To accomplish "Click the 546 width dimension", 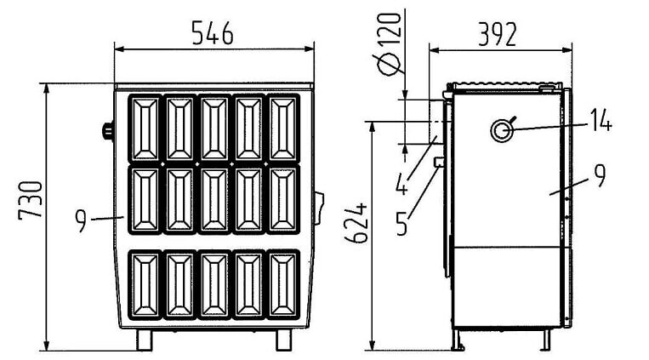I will click(x=211, y=32).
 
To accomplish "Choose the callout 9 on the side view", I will click(x=600, y=176).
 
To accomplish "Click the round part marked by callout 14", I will click(x=500, y=129).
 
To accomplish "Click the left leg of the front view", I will click(x=145, y=339).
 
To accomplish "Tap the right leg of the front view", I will click(x=282, y=339).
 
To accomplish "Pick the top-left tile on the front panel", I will click(x=144, y=127).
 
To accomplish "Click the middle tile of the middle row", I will click(x=214, y=199).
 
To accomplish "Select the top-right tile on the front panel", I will click(x=284, y=127).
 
